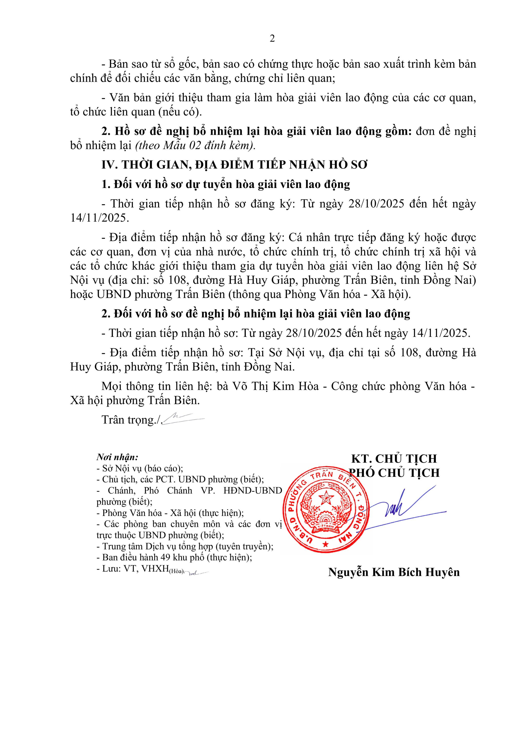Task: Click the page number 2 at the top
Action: tap(272, 39)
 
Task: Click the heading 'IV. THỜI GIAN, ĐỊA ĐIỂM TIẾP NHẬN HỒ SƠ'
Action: tap(235, 165)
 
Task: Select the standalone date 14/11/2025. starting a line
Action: tap(99, 218)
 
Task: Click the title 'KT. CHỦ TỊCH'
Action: tap(394, 459)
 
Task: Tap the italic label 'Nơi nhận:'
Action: tap(117, 457)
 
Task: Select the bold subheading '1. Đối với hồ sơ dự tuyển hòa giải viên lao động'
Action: tap(226, 185)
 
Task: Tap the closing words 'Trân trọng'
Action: tap(128, 420)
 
